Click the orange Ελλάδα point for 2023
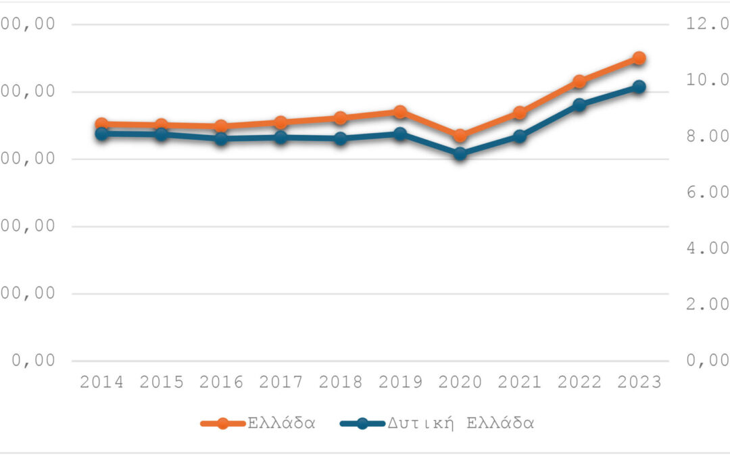[x=639, y=58]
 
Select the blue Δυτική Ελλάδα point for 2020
[x=460, y=153]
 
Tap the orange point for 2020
[x=460, y=136]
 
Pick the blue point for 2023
[x=639, y=87]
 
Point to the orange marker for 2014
[x=101, y=124]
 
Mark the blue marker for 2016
[x=221, y=139]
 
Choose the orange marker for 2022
[x=579, y=82]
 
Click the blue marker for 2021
[x=519, y=136]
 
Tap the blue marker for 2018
[x=340, y=139]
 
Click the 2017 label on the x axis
[x=281, y=382]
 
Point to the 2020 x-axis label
[x=460, y=382]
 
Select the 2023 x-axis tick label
[x=639, y=382]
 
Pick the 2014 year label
[x=101, y=382]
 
